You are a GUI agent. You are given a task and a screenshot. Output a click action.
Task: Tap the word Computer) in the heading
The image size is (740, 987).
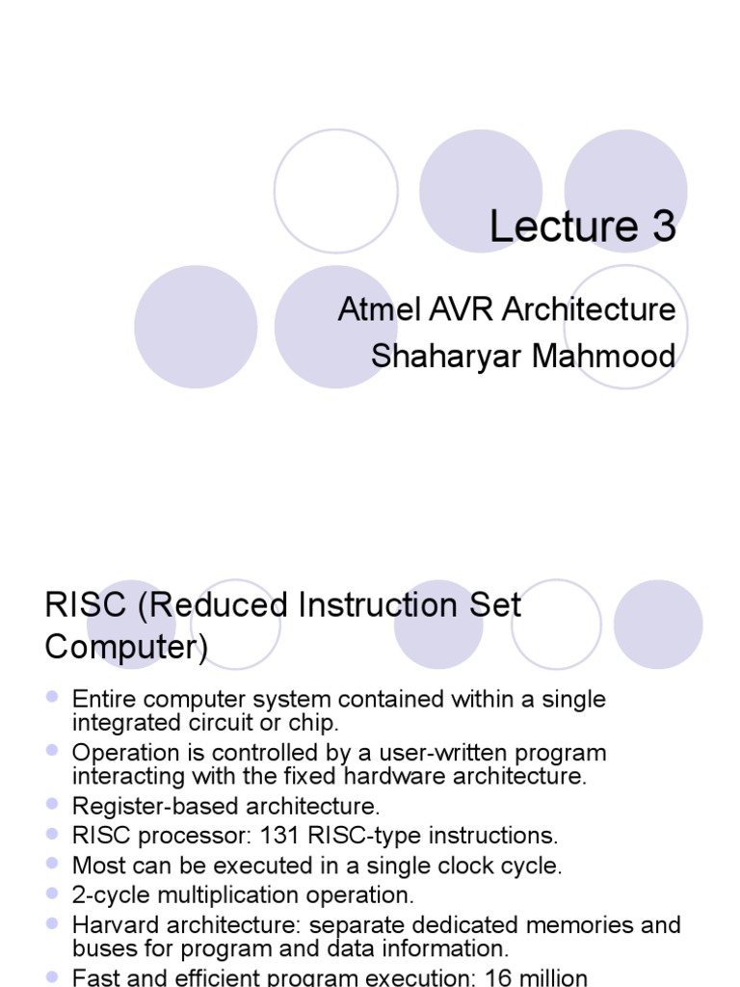(x=126, y=648)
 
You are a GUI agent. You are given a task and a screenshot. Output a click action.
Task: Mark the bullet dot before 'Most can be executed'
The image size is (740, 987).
(x=53, y=863)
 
